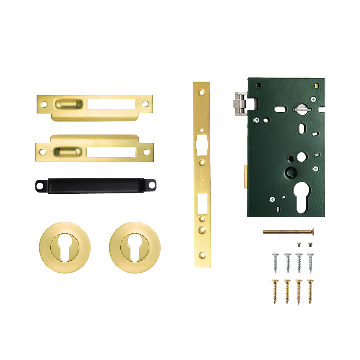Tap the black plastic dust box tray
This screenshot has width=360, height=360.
(96, 185)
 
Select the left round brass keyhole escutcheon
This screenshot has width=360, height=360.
(65, 247)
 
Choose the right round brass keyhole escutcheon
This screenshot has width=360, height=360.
(135, 247)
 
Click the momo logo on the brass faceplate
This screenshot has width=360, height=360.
(202, 180)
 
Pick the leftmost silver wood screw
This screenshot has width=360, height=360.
(275, 262)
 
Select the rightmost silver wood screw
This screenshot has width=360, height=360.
(310, 262)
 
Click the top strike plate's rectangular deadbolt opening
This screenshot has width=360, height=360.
(111, 104)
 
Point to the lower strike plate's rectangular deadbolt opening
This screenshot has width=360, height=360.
(111, 152)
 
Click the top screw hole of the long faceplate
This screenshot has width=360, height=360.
(202, 93)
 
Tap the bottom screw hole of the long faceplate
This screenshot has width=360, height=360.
(202, 254)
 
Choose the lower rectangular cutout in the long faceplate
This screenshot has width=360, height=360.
(202, 204)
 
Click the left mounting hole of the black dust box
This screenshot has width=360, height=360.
(40, 186)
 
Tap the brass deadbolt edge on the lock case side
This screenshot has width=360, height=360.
(245, 177)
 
